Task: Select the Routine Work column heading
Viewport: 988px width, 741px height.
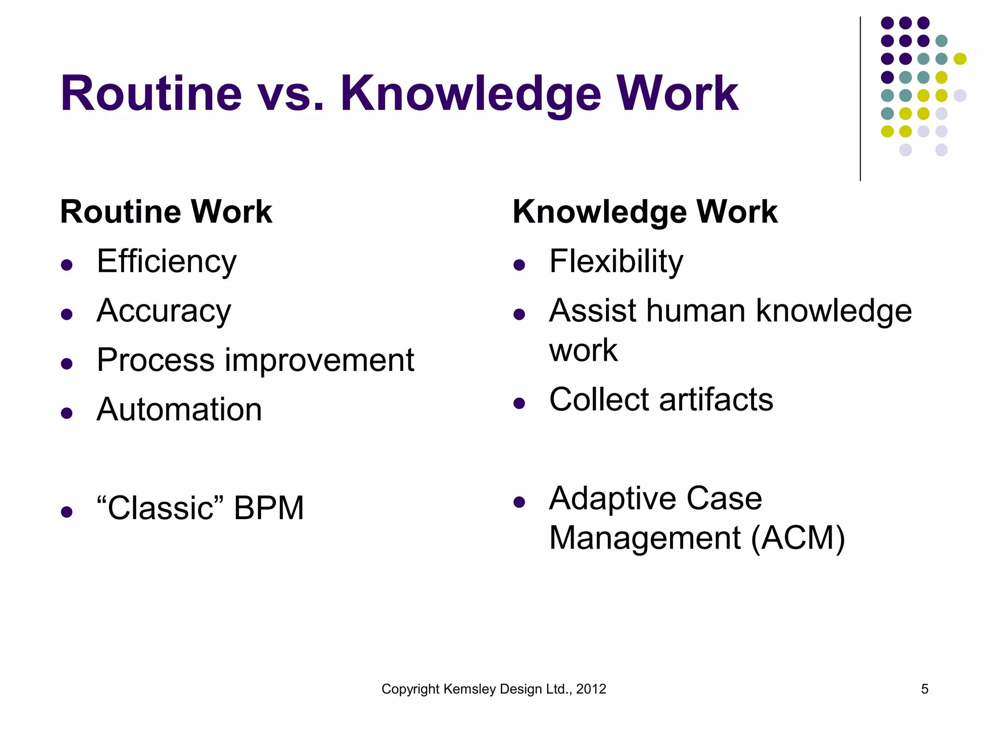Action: click(x=166, y=212)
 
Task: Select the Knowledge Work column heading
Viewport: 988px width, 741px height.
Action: click(x=645, y=212)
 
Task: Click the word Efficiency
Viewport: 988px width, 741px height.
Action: click(x=166, y=262)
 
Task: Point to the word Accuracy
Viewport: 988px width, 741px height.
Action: click(x=164, y=311)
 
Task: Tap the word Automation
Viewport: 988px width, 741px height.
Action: click(x=179, y=410)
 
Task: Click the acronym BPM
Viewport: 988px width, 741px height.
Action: click(x=269, y=508)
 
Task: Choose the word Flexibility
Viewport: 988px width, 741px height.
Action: click(x=616, y=262)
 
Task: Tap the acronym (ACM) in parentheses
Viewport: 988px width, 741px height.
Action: click(x=798, y=538)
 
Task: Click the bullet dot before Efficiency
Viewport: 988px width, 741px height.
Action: click(x=67, y=264)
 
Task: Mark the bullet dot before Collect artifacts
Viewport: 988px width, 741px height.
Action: click(x=519, y=403)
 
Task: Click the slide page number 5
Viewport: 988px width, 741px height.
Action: click(x=924, y=689)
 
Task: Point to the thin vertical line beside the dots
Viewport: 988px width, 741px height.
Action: click(x=860, y=99)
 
